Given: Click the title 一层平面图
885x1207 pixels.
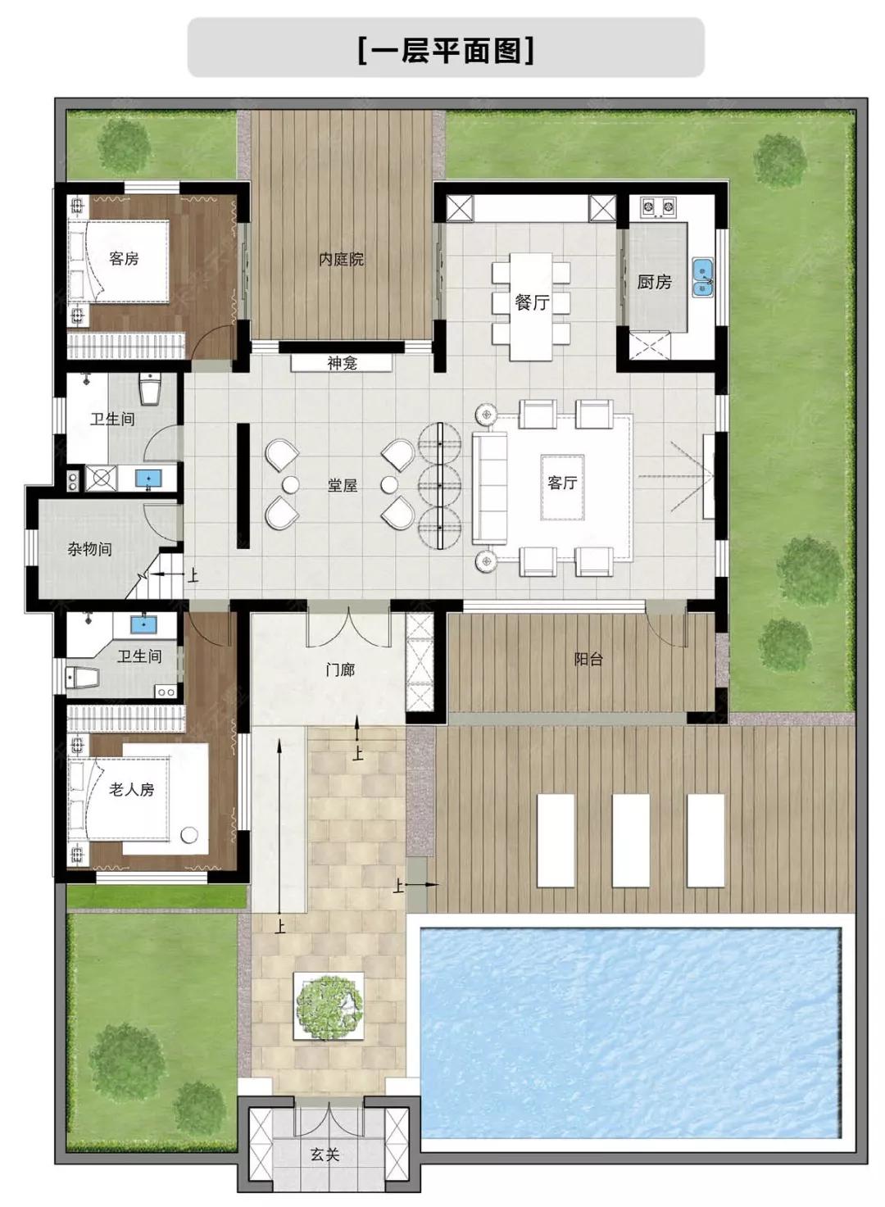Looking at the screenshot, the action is [446, 50].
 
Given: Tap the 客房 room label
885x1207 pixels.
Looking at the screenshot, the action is [124, 259].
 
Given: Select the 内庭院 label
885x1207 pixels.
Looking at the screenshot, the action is [341, 259].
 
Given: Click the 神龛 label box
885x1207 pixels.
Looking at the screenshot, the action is [342, 363].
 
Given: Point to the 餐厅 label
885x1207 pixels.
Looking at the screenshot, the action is [532, 302].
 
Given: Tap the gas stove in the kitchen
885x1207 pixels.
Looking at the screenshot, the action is [658, 207].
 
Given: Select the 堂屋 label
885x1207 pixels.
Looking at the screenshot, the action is [343, 485].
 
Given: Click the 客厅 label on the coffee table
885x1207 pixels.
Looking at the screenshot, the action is [562, 483].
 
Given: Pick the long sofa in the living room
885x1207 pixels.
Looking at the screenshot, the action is [490, 488].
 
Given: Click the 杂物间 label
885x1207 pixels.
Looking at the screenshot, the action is [89, 549].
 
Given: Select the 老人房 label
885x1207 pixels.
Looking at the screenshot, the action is [131, 790].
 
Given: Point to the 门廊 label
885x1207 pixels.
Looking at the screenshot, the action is [340, 670].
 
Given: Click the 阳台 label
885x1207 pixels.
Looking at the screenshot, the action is [588, 659].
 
